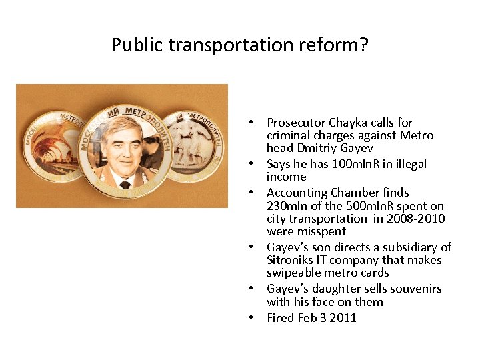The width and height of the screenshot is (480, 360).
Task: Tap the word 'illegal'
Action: tap(409, 164)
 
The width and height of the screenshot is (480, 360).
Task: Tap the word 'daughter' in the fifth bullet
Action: tap(329, 289)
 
